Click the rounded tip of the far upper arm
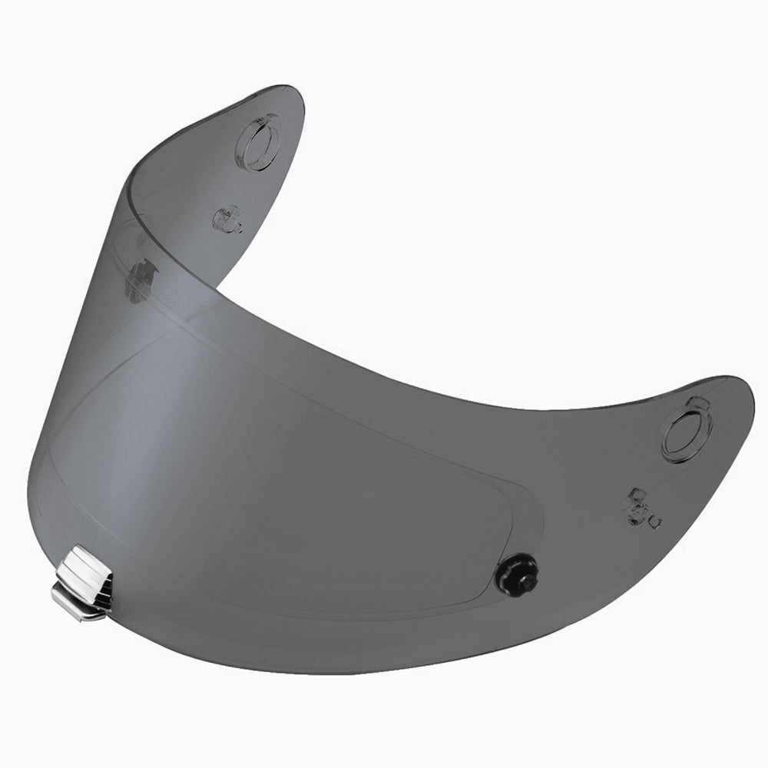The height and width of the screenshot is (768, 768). coord(288,96)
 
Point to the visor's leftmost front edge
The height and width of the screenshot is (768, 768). coord(29,492)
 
